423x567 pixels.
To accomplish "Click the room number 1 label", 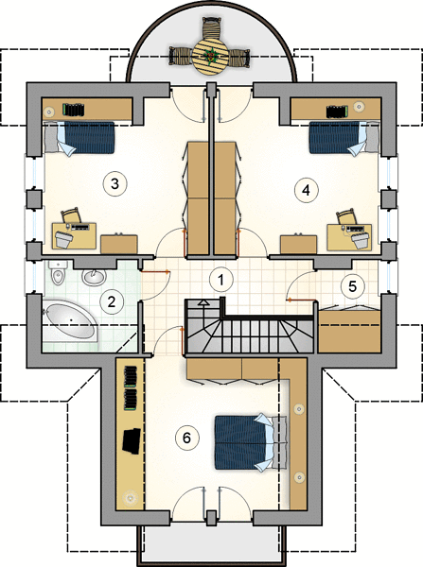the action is (220, 279).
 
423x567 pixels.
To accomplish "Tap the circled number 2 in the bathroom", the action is (111, 301).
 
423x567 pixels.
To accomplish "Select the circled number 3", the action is (115, 183).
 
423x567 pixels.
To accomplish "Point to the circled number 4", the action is (307, 190).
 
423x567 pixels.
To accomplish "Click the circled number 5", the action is (352, 286).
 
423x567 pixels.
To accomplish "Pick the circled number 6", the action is (186, 438).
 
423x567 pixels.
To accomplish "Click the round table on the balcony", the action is (210, 57).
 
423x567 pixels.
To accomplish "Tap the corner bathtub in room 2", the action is (69, 322).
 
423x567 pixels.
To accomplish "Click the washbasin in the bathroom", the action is (94, 277).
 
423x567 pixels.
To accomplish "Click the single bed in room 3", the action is (79, 138).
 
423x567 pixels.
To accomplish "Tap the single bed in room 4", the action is (344, 139).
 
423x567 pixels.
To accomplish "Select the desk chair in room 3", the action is (71, 215).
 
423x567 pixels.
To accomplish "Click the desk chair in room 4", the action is (346, 216).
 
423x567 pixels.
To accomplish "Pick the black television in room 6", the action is (132, 440).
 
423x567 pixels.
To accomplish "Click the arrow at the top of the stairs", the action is (203, 303).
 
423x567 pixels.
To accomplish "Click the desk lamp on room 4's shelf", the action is (360, 106).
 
